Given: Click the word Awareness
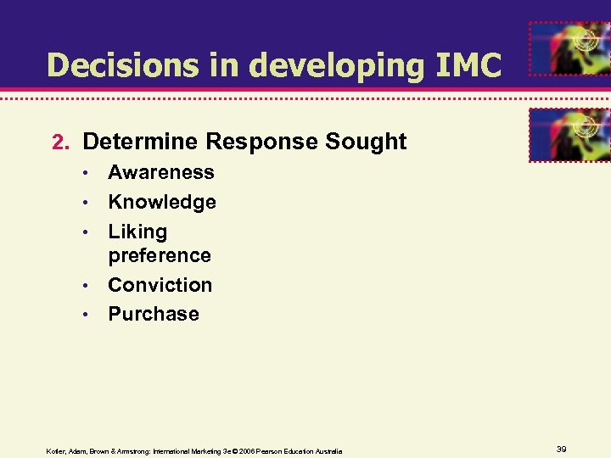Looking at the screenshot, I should tap(160, 172).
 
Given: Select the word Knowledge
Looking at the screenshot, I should tap(161, 202).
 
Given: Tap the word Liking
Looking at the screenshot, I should tap(137, 232).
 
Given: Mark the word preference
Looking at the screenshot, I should tap(159, 254).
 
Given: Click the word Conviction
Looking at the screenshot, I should tap(160, 284).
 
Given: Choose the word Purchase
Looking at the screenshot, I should tap(153, 314).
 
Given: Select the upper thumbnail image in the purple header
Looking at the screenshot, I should tap(569, 48).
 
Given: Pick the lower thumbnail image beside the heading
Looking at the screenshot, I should tap(569, 134).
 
